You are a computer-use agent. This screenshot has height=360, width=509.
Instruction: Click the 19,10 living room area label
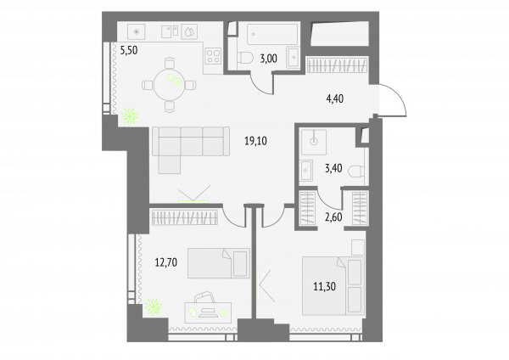255,141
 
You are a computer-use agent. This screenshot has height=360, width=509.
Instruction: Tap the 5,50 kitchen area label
129,50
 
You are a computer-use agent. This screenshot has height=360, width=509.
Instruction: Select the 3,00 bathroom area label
268,59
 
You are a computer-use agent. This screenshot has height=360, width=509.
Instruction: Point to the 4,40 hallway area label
335,98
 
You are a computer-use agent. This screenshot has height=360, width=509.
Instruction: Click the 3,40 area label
333,168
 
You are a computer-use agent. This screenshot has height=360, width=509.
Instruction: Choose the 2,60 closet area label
333,217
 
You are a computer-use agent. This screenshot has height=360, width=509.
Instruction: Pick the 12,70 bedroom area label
166,262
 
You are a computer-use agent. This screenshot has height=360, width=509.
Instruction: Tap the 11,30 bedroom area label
324,287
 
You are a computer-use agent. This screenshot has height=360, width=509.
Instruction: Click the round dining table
169,85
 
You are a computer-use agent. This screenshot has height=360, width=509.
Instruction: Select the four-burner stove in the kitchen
213,55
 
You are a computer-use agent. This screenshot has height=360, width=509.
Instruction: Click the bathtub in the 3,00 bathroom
272,34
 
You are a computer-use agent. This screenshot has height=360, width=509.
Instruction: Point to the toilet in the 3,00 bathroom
245,59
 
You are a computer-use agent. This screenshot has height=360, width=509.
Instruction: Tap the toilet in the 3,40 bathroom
356,171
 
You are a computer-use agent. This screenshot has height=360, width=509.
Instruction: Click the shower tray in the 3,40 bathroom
314,142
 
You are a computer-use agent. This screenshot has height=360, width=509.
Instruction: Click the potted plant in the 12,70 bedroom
154,307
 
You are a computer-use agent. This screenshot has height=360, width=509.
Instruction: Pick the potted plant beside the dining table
129,116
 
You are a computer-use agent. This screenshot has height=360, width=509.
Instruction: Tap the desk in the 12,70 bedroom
208,312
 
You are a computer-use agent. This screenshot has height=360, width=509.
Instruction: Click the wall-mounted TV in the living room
193,202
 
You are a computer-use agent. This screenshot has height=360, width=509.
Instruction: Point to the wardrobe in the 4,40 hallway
338,65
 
